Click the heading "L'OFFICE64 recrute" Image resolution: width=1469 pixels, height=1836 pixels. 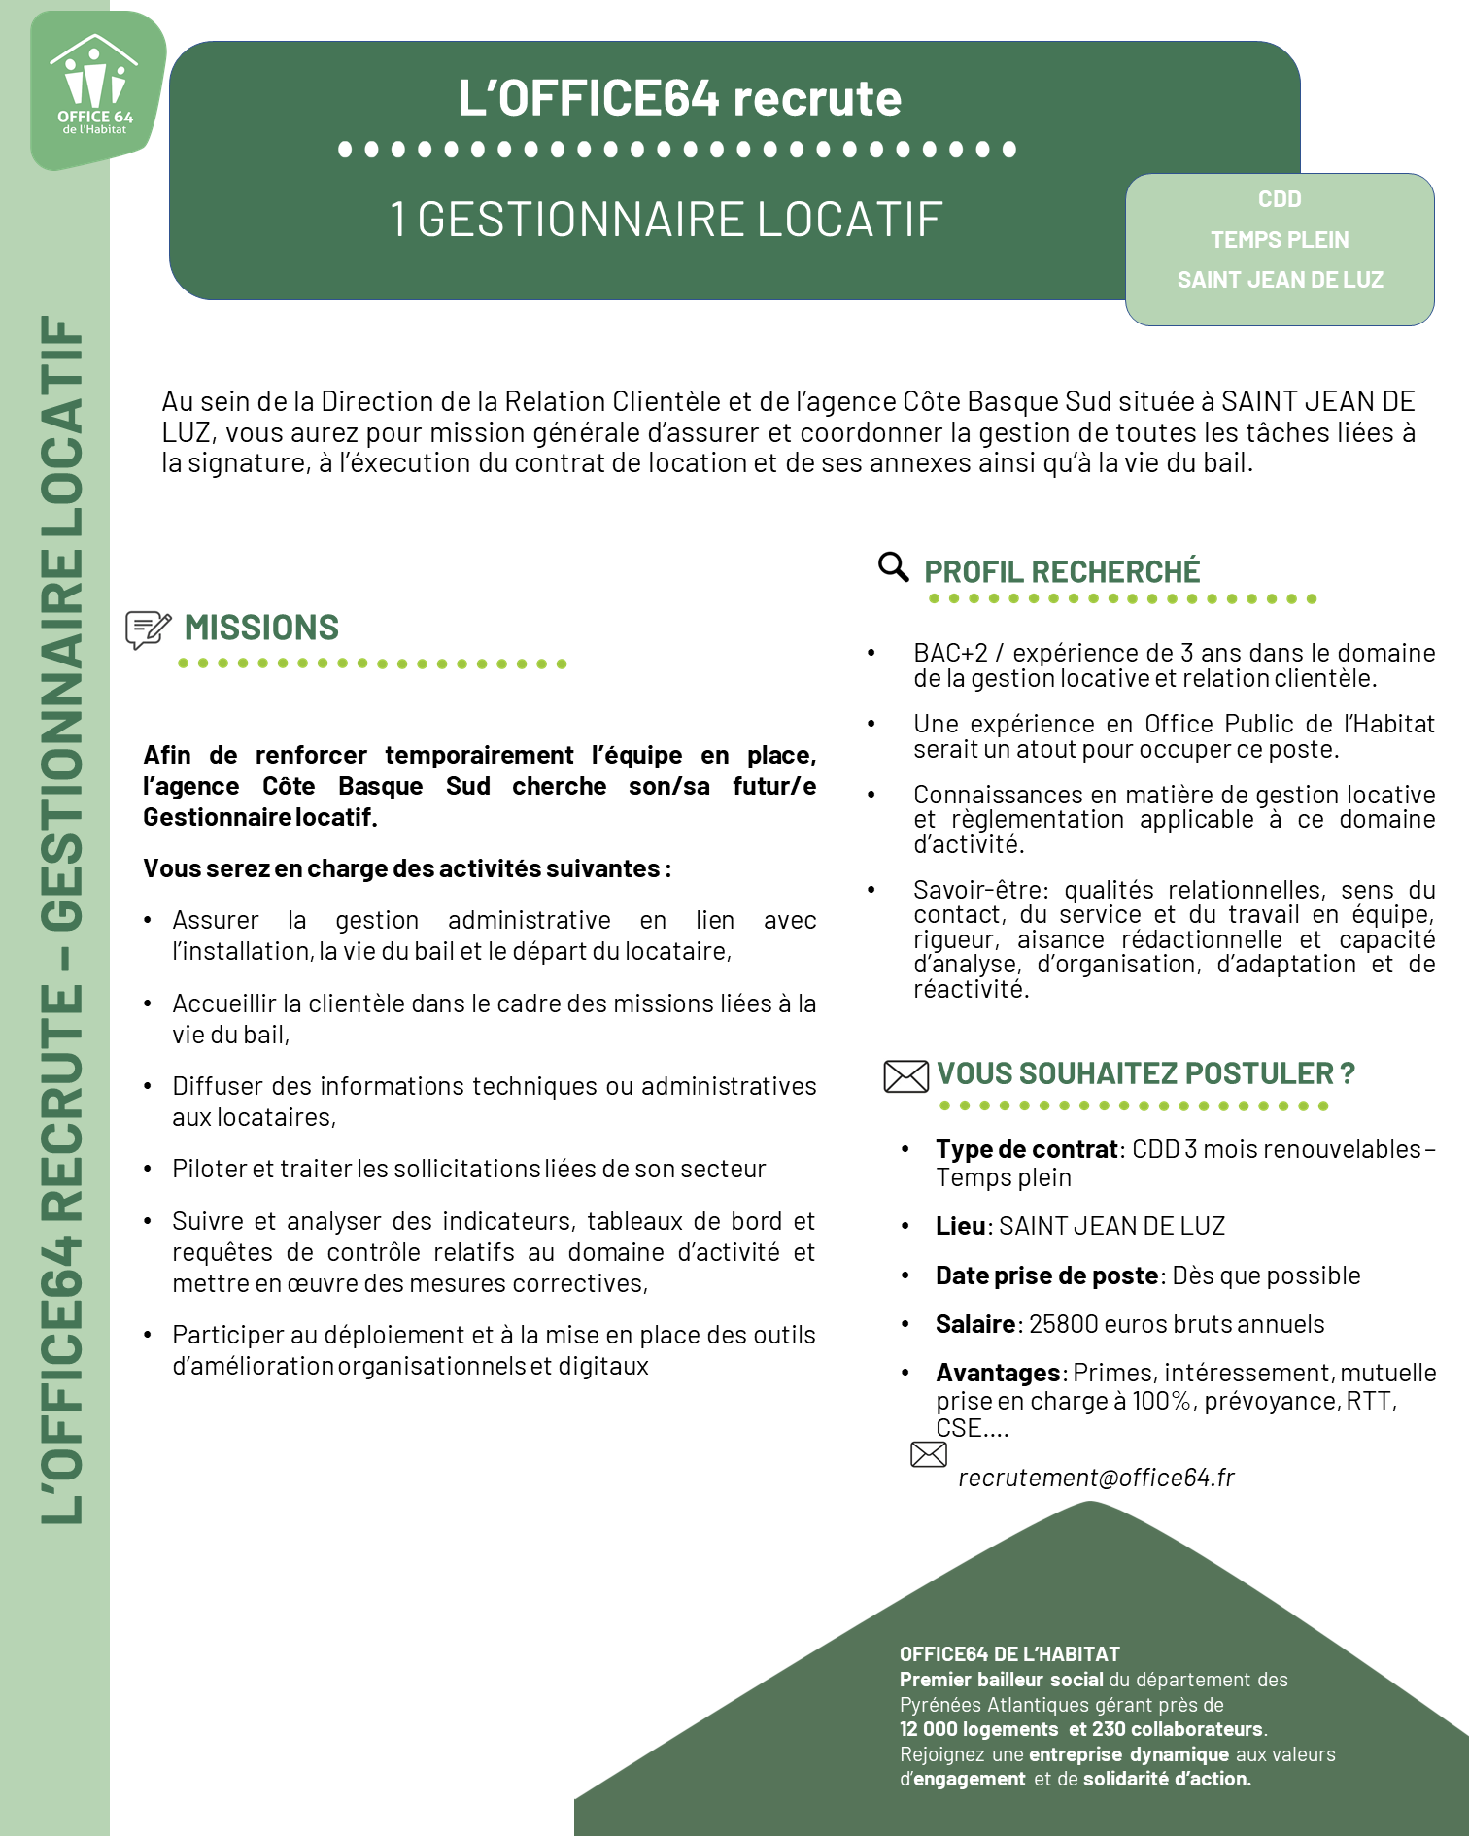pos(679,98)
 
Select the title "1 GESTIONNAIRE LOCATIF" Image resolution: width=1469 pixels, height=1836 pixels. pos(666,220)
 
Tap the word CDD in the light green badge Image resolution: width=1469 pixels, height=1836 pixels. pos(1279,199)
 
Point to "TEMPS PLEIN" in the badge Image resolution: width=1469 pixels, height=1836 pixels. pos(1279,240)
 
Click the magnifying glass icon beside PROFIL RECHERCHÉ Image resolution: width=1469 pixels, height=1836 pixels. pos(893,567)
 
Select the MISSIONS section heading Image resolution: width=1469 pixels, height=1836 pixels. pos(261,629)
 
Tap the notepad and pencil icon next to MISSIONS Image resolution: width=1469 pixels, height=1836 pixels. pos(148,629)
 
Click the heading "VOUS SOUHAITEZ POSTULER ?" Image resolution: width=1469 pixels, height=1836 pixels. pos(1144,1073)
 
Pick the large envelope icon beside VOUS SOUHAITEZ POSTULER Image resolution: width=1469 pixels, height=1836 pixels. pos(905,1076)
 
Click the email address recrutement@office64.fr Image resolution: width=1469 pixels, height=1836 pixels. pos(1095,1478)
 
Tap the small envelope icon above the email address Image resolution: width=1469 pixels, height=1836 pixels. pos(928,1454)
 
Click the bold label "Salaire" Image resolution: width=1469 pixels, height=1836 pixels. pos(974,1324)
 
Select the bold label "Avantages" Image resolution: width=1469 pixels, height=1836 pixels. pos(997,1373)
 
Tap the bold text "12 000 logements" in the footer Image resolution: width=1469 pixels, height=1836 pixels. pos(978,1729)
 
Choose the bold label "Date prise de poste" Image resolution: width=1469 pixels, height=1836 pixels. pos(1046,1275)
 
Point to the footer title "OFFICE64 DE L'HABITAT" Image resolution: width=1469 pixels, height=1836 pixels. pos(1009,1654)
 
